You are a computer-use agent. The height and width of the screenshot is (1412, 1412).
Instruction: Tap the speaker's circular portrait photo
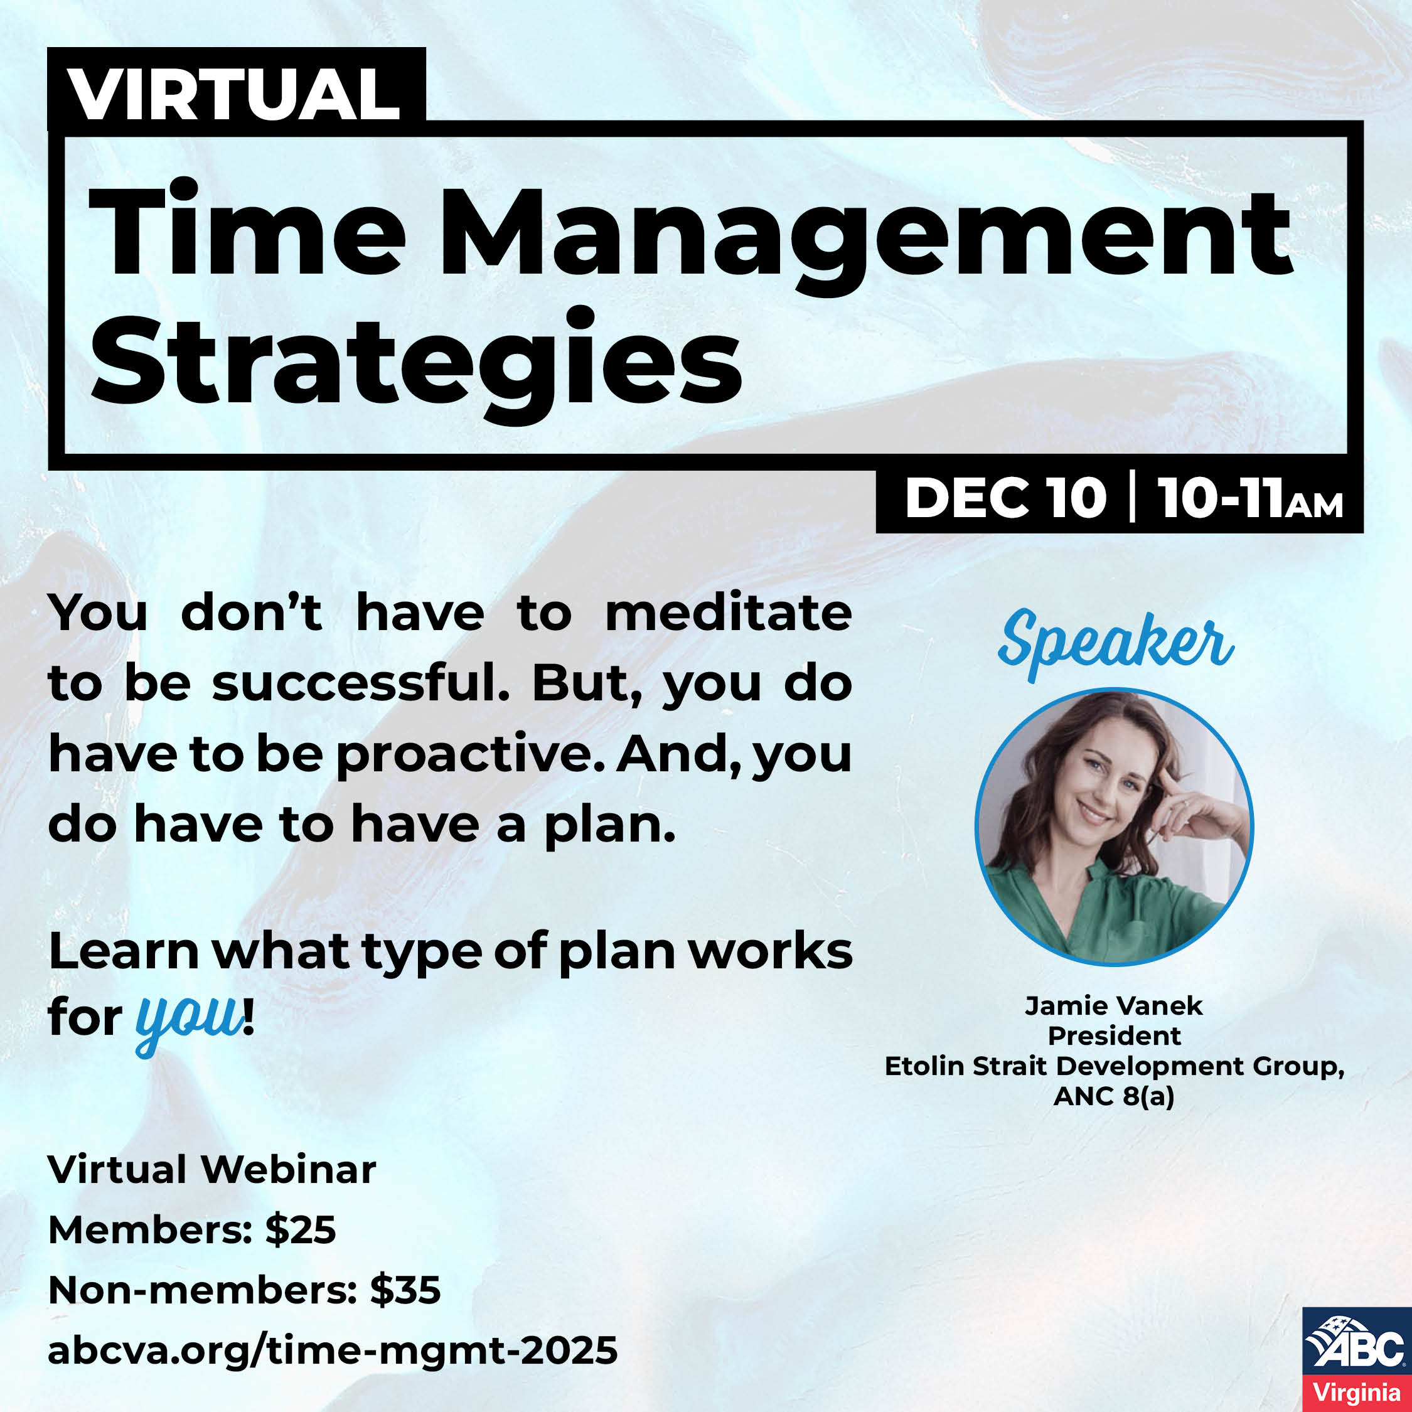(x=1114, y=826)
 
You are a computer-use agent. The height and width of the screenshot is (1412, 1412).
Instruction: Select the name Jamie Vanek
(x=1113, y=1005)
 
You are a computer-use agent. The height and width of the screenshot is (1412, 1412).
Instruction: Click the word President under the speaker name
(x=1114, y=1035)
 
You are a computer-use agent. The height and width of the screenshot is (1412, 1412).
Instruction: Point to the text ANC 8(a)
(x=1114, y=1097)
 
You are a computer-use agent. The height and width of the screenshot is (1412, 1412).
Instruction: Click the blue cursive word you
(x=190, y=1020)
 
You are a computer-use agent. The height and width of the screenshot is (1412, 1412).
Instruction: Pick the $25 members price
(x=301, y=1230)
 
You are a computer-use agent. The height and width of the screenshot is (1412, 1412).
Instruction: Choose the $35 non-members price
(x=405, y=1291)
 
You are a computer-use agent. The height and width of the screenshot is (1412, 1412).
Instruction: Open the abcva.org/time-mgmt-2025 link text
(x=333, y=1350)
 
